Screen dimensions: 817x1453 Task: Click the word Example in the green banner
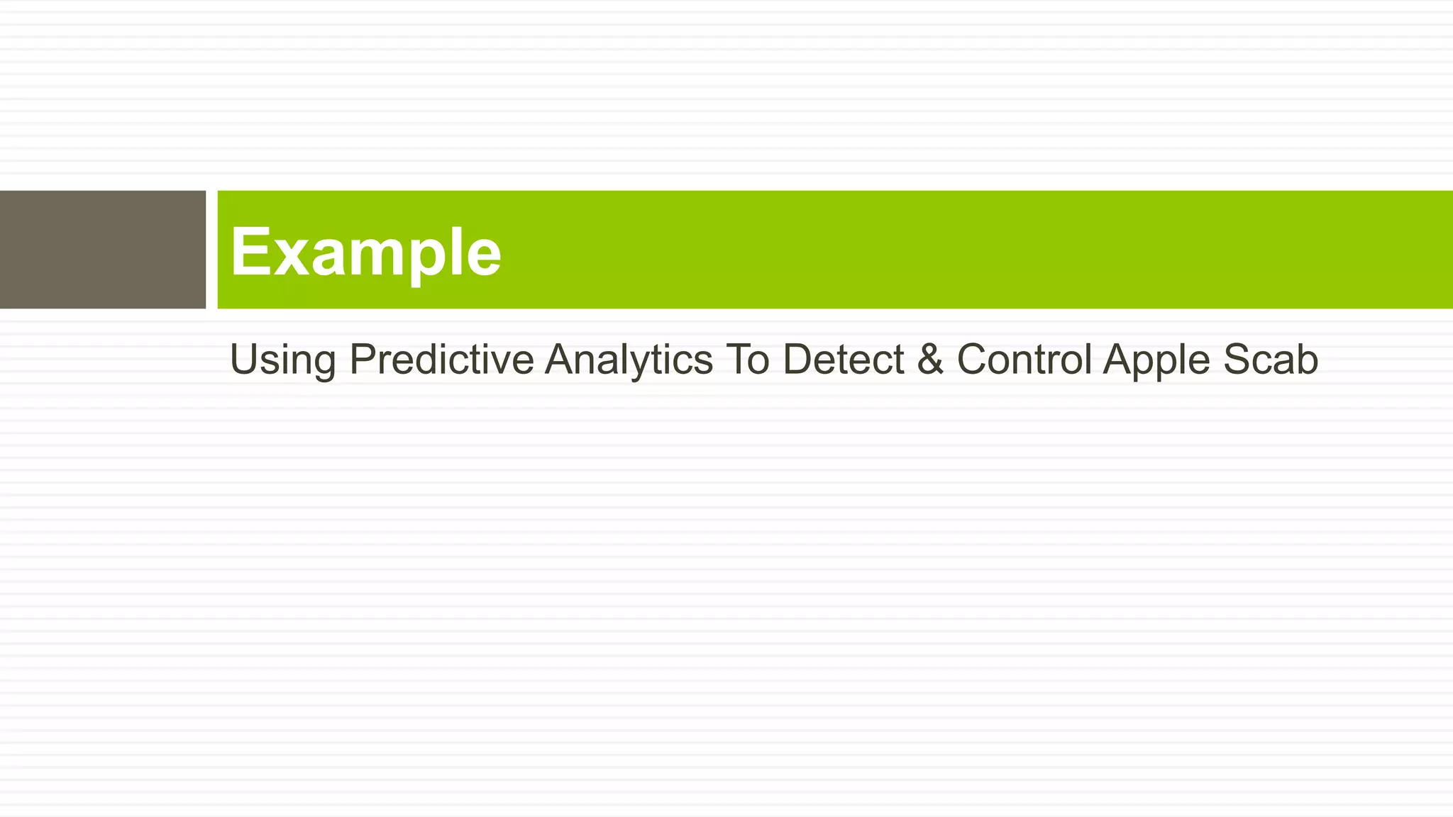tap(365, 252)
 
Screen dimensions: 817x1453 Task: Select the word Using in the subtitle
tap(282, 360)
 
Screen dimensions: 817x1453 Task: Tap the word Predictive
tap(441, 359)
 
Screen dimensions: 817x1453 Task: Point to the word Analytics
tap(628, 360)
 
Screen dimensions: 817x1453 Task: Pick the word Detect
tap(843, 359)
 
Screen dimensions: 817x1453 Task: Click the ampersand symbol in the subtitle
tap(930, 359)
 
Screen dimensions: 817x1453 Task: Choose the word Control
tap(1024, 359)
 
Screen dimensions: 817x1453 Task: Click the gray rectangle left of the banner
tap(102, 250)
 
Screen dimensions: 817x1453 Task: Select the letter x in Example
tap(288, 257)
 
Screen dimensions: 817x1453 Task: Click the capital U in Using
tap(244, 359)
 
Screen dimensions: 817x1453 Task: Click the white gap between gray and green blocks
tap(211, 250)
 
